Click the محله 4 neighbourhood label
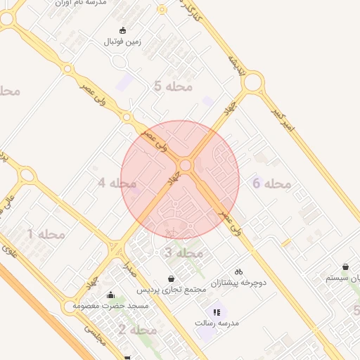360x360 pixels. pyautogui.click(x=117, y=184)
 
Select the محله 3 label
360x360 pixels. pyautogui.click(x=184, y=252)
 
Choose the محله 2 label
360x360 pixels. pyautogui.click(x=137, y=330)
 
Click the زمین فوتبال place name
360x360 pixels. pyautogui.click(x=123, y=41)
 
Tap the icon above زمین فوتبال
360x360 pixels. pyautogui.click(x=123, y=30)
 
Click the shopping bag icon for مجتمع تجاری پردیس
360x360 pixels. pyautogui.click(x=172, y=278)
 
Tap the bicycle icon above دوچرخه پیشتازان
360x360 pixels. pyautogui.click(x=238, y=271)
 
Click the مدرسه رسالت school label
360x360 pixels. pyautogui.click(x=217, y=323)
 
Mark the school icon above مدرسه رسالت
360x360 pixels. pyautogui.click(x=217, y=311)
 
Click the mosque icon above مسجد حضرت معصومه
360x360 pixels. pyautogui.click(x=110, y=295)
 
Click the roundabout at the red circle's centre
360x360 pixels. pyautogui.click(x=186, y=166)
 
